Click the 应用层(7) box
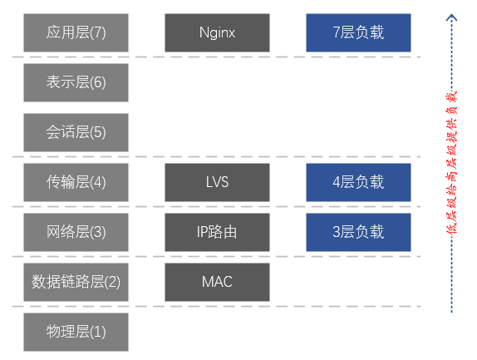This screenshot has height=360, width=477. click(x=76, y=32)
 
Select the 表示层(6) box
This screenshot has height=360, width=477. click(x=76, y=82)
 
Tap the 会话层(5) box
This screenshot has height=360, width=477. click(x=76, y=132)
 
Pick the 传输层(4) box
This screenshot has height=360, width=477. click(x=76, y=182)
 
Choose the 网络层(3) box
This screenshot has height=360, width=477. click(x=76, y=232)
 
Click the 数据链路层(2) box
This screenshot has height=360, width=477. click(x=76, y=282)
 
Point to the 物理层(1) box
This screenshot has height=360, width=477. click(x=76, y=332)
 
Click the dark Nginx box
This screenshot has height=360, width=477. click(x=217, y=32)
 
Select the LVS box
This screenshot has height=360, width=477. click(x=217, y=182)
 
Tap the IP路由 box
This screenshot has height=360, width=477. click(x=217, y=232)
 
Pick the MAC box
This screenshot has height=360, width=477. click(x=217, y=282)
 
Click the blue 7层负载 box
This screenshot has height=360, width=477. click(x=358, y=32)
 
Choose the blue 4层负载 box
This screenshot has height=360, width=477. click(x=358, y=182)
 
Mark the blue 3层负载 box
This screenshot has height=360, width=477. click(x=358, y=232)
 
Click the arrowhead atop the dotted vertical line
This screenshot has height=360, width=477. click(x=452, y=16)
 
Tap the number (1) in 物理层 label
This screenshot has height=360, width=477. click(x=97, y=332)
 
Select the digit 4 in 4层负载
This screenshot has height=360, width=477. click(x=336, y=182)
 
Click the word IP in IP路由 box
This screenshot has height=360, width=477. click(x=202, y=232)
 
